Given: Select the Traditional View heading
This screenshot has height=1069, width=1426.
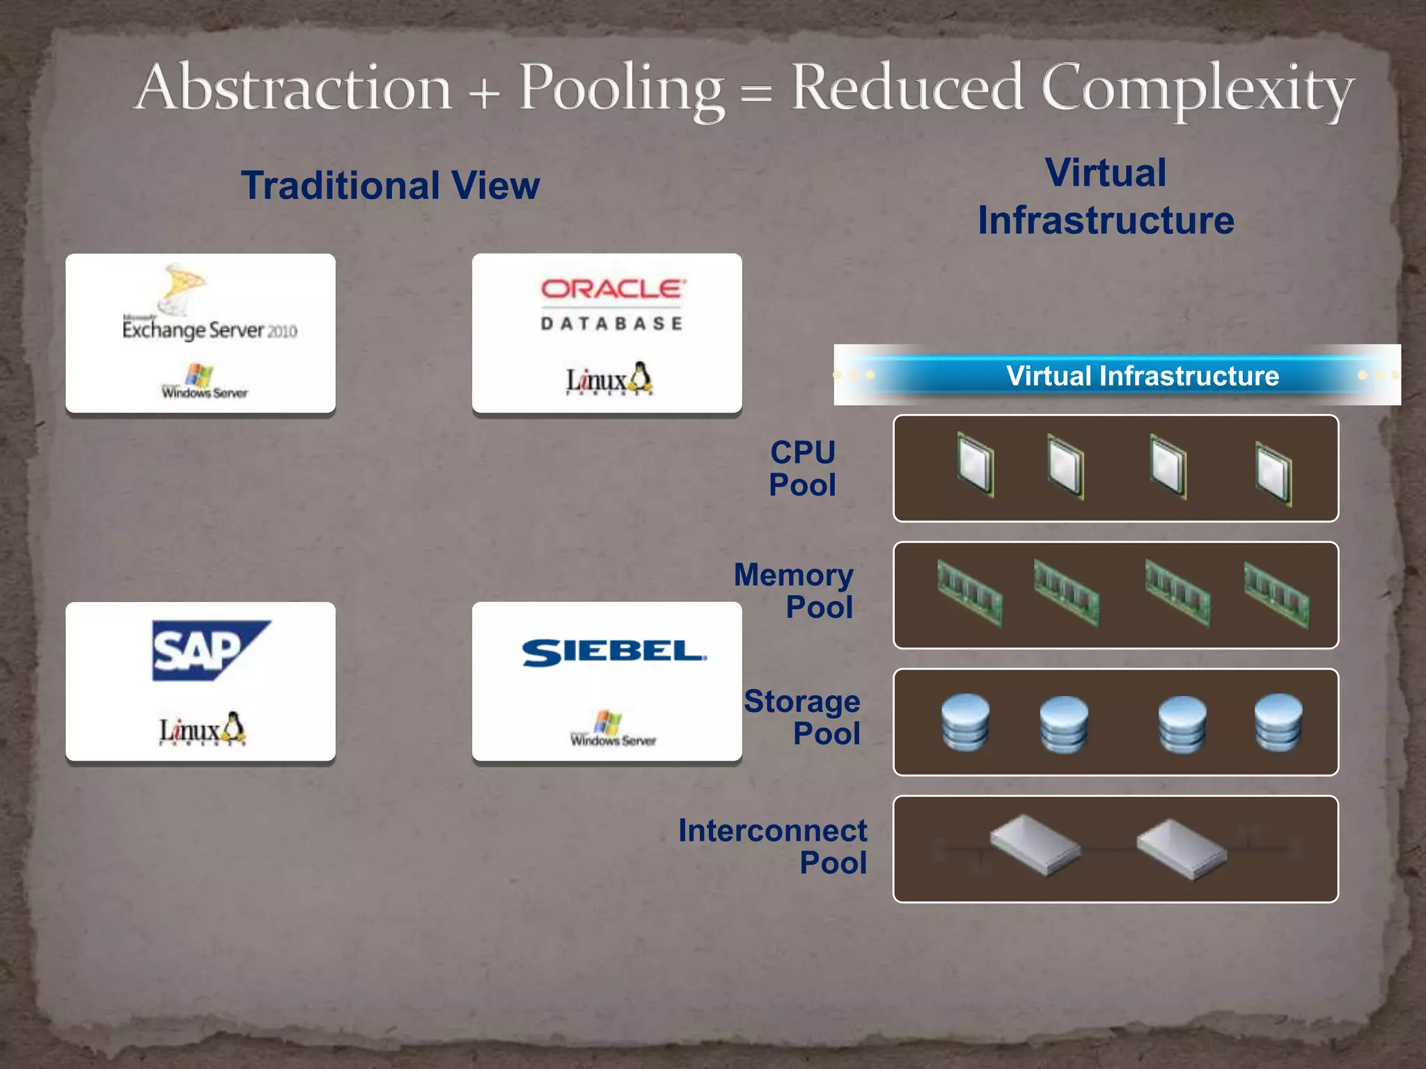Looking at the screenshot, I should [390, 186].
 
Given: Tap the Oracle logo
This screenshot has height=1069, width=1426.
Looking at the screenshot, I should [613, 289].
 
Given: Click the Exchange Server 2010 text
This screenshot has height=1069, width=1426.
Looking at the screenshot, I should [209, 330].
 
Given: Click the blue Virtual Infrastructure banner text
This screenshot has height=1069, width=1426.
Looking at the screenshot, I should [1142, 376].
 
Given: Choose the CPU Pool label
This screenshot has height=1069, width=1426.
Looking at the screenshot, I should [802, 468].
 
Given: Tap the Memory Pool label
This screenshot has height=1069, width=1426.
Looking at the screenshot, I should [794, 591].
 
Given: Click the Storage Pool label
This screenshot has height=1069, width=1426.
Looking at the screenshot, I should [802, 718].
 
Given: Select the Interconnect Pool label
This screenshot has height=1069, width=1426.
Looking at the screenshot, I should [773, 846].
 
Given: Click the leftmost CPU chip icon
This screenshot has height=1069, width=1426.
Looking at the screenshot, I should [975, 464].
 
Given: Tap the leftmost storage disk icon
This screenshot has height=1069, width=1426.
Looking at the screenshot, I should [965, 722].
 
